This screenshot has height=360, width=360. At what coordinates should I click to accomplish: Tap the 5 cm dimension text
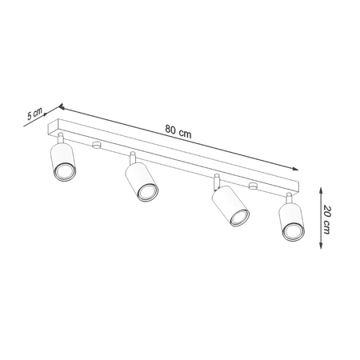tap(34, 114)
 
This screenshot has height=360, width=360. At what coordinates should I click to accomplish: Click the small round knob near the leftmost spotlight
tap(95, 145)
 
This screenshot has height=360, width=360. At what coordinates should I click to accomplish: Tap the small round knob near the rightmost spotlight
tap(253, 187)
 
